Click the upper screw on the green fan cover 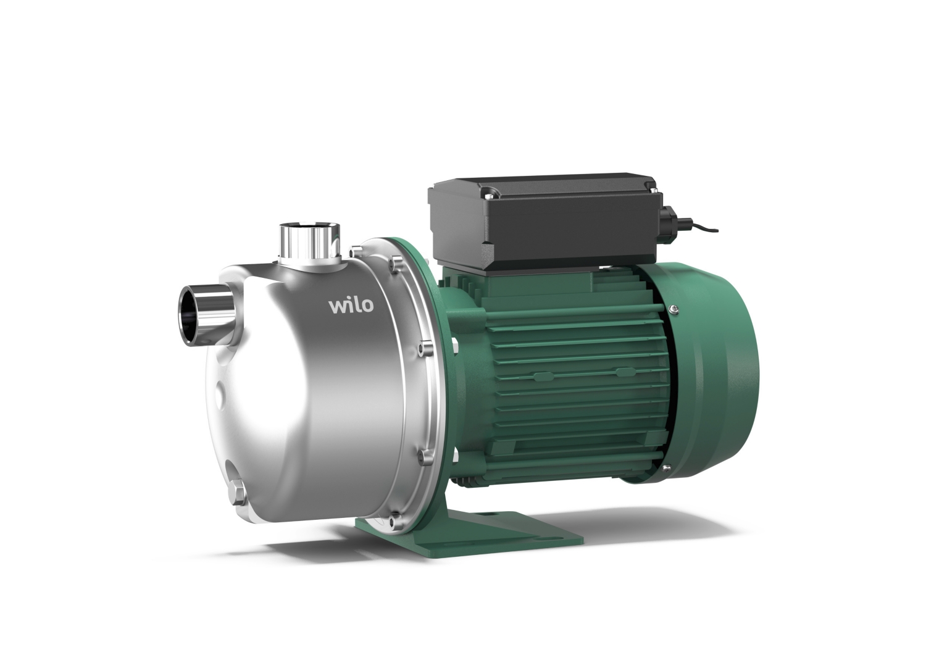674,308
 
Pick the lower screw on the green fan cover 667,468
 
